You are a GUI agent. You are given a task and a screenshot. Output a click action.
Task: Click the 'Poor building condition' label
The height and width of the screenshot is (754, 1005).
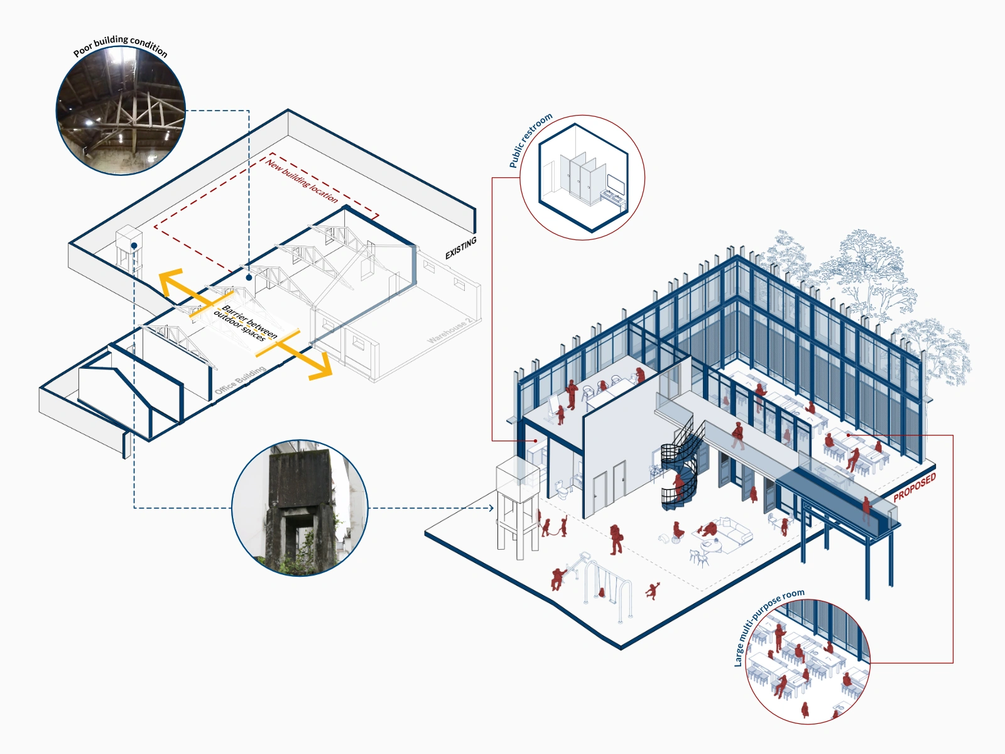click(x=121, y=45)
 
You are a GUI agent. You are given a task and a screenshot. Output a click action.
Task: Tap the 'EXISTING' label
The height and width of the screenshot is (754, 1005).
click(x=461, y=248)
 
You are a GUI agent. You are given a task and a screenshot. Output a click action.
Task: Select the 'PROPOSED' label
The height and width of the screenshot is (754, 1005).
click(x=915, y=487)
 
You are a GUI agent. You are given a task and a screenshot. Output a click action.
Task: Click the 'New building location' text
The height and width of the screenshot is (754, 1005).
click(x=302, y=181)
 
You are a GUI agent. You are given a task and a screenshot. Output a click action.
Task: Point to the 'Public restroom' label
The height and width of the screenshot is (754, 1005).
click(x=530, y=140)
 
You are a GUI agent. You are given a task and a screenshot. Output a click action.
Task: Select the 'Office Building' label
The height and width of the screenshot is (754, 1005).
click(x=240, y=381)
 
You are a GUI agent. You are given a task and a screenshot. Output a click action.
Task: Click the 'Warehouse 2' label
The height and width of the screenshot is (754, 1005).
click(x=450, y=331)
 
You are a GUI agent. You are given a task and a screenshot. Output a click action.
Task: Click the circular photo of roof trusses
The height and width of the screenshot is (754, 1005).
click(x=121, y=111)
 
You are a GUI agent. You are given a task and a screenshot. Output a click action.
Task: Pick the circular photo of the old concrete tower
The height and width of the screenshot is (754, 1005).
click(x=300, y=508)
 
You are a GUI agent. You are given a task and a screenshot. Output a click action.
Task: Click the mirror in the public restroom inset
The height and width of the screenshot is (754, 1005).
click(x=616, y=184)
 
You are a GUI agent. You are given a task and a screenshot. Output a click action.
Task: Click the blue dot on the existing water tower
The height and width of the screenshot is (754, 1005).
click(x=134, y=246)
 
